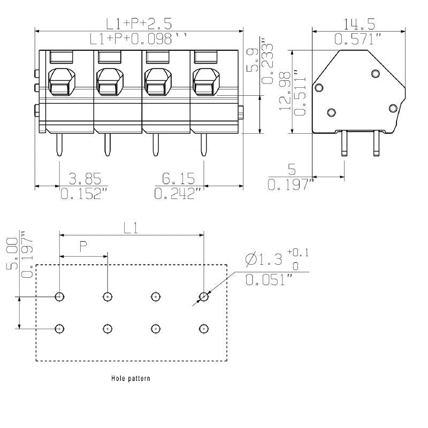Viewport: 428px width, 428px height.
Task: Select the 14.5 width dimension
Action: pyautogui.click(x=359, y=24)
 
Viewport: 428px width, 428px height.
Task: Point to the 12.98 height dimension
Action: pyautogui.click(x=286, y=91)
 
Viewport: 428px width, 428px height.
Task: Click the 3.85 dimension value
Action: pyautogui.click(x=85, y=179)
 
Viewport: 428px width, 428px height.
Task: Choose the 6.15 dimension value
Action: pyautogui.click(x=179, y=179)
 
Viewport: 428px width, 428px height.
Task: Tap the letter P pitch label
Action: pyautogui.click(x=83, y=247)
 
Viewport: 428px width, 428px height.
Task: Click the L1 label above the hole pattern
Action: pyautogui.click(x=131, y=228)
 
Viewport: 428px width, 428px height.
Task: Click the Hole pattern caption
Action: pyautogui.click(x=131, y=378)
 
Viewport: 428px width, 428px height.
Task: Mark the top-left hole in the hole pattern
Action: pyautogui.click(x=59, y=296)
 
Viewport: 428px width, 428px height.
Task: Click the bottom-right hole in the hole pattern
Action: pyautogui.click(x=203, y=328)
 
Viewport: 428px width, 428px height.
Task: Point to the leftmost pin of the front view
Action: pyautogui.click(x=59, y=145)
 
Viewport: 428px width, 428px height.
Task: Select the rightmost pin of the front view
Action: pyautogui.click(x=203, y=145)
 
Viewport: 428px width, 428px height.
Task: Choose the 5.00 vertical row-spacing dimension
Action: pyautogui.click(x=13, y=252)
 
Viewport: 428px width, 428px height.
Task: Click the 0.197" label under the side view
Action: pyautogui.click(x=289, y=185)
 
